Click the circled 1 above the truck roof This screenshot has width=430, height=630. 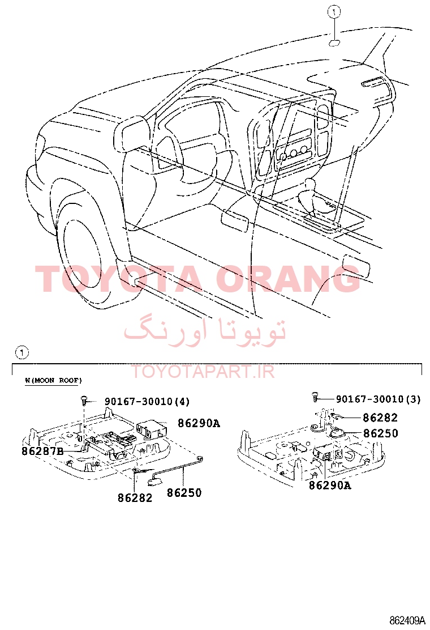point(334,12)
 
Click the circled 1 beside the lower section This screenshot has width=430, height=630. point(21,353)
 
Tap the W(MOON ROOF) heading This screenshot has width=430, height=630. point(53,380)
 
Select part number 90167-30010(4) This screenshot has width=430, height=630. point(147,401)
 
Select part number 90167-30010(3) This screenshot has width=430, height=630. point(378,399)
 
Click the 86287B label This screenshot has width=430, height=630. point(42,451)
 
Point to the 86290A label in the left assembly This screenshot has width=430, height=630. point(199,423)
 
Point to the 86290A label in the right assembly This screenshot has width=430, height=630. point(330,486)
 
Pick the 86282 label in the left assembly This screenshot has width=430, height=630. point(135,498)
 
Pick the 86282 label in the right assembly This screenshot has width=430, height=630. point(380,418)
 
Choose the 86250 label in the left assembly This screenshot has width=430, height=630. point(184,492)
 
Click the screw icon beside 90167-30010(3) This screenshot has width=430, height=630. point(316,398)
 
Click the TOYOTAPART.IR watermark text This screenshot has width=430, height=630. point(203,372)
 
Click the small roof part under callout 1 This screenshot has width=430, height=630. point(334,43)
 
